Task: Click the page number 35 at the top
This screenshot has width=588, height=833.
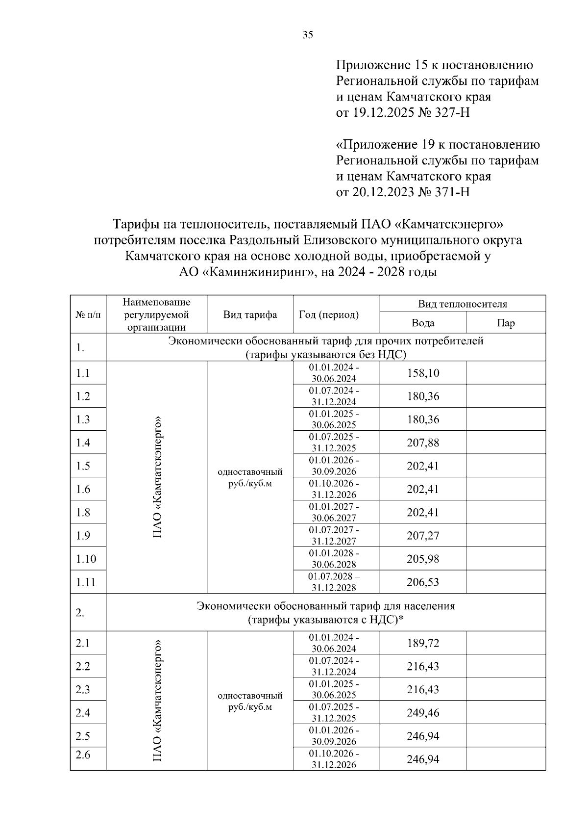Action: pos(308,35)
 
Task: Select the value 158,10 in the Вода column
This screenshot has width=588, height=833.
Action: pos(423,373)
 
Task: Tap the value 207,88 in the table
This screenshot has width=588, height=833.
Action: pos(423,443)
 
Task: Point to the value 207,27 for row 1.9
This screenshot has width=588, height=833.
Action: pos(423,536)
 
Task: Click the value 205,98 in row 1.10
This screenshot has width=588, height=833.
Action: pos(423,559)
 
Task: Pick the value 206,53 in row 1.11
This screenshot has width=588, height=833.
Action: pos(423,582)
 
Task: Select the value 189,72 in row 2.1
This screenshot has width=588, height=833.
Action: pos(423,643)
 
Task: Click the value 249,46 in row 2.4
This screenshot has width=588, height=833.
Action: pos(423,713)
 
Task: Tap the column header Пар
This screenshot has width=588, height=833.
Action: pos(506,323)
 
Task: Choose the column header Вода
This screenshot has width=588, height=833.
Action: pos(423,323)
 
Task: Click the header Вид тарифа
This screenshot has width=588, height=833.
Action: pos(250,315)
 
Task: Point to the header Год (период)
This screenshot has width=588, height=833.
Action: pos(329,315)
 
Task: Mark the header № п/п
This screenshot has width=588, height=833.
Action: pos(88,315)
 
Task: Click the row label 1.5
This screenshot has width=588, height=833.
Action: pos(83,466)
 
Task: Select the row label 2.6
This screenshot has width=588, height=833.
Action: pos(83,755)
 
